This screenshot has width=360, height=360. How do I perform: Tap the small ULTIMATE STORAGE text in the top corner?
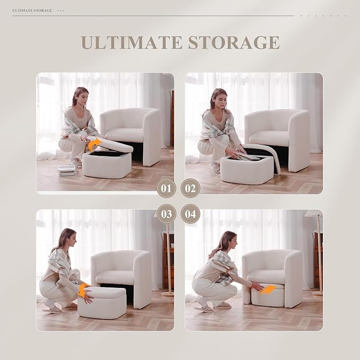click(32, 10)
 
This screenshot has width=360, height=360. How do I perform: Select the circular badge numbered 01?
click(166, 188)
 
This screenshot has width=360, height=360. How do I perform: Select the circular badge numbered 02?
click(190, 188)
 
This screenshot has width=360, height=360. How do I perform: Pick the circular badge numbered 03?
click(166, 214)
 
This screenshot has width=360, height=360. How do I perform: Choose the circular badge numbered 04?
click(190, 214)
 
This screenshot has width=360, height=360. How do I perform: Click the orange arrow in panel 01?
click(94, 144)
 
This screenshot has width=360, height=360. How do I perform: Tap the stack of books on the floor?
click(67, 170)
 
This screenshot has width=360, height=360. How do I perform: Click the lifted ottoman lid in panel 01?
click(111, 145)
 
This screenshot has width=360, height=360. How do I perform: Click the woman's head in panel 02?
click(218, 99)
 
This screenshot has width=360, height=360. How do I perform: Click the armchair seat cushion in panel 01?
click(124, 134)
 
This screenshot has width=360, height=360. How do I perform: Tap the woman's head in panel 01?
click(80, 97)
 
